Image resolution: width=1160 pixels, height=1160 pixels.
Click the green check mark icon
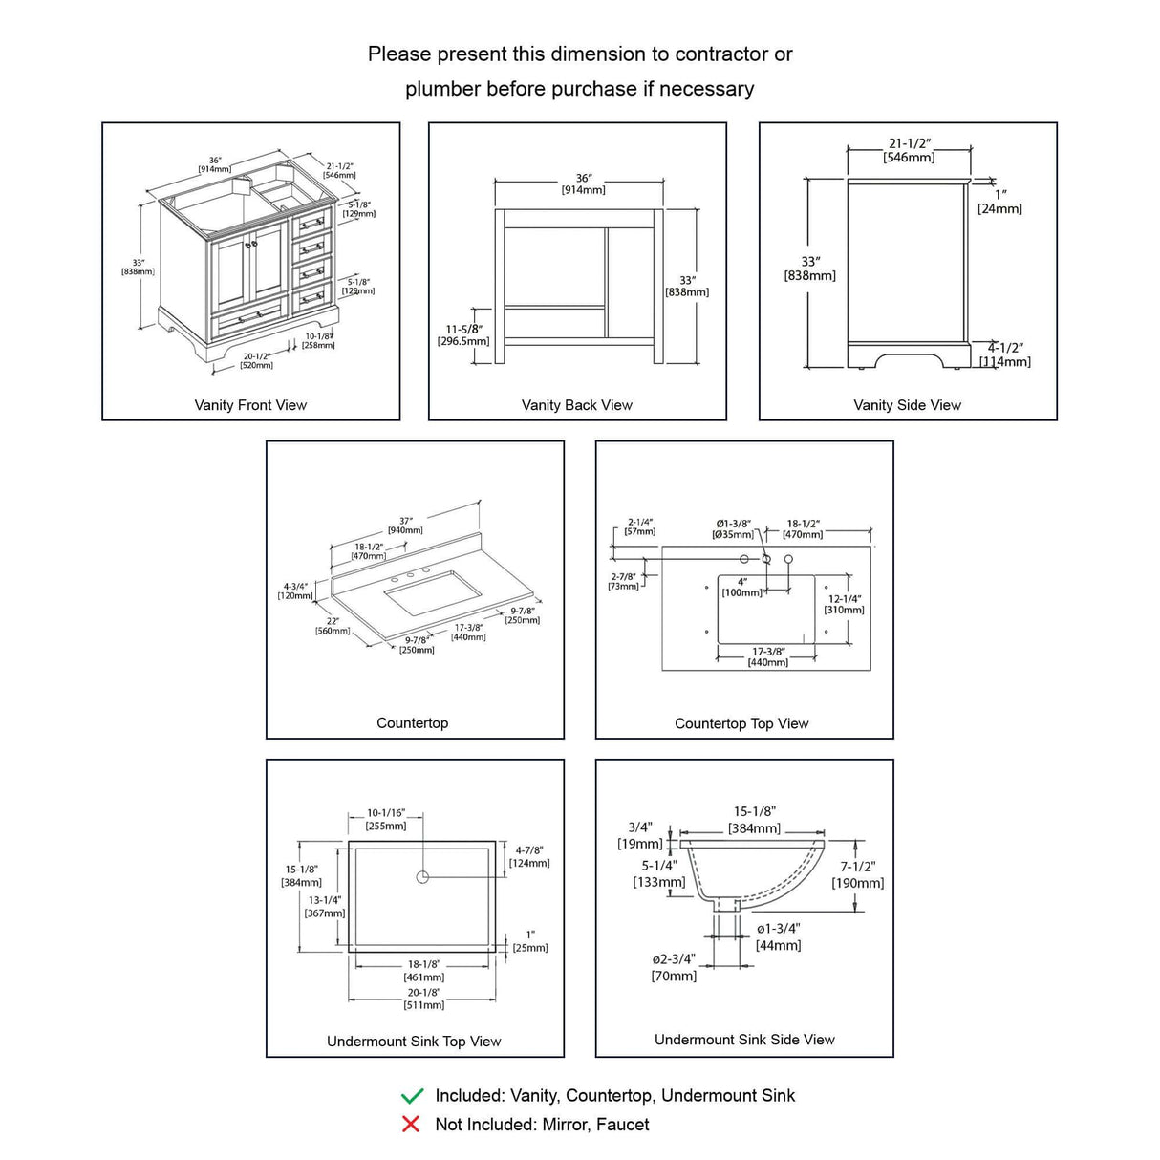point(412,1095)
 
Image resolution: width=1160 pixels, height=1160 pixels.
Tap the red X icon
point(411,1125)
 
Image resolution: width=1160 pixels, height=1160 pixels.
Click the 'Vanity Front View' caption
point(250,405)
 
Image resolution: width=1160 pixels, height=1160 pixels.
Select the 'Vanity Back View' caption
point(577,405)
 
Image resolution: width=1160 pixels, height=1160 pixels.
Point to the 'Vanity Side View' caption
point(907,405)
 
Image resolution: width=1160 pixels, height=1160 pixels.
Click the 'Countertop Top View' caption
point(741,723)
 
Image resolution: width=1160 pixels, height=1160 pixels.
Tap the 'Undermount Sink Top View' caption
point(414,1042)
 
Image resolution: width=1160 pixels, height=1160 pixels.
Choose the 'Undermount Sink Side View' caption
point(744,1040)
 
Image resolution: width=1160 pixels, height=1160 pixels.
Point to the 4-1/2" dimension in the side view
point(1005,348)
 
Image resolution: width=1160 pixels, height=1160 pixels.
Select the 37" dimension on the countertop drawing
point(406,521)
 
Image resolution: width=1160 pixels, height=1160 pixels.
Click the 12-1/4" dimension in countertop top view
point(844,599)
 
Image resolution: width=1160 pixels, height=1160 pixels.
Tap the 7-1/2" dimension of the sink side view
point(857,867)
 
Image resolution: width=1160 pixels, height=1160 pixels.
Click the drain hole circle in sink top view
point(422,876)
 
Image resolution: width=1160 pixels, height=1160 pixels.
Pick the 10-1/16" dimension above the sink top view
point(386,813)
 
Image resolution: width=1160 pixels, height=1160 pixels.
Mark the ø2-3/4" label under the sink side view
point(674,959)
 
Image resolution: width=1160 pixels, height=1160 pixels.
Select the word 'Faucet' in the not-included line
point(622,1125)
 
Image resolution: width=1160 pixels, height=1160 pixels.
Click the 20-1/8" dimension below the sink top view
point(424,993)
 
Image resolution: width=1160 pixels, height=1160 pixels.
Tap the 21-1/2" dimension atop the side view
point(909,144)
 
